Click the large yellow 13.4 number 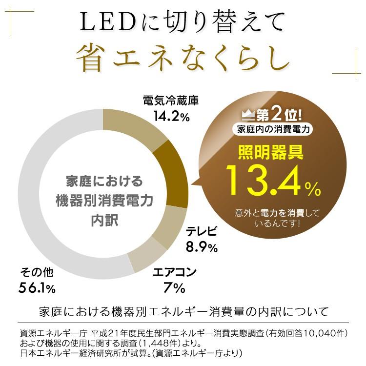coord(264,180)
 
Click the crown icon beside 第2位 coord(250,116)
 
